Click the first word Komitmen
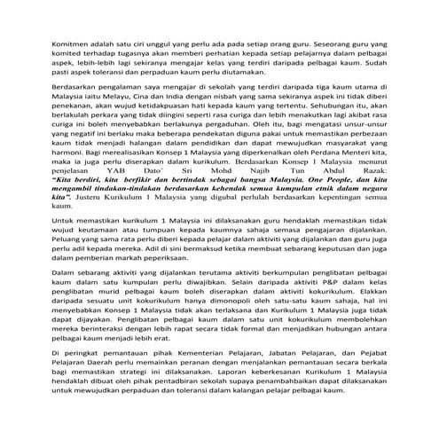click(x=69, y=41)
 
